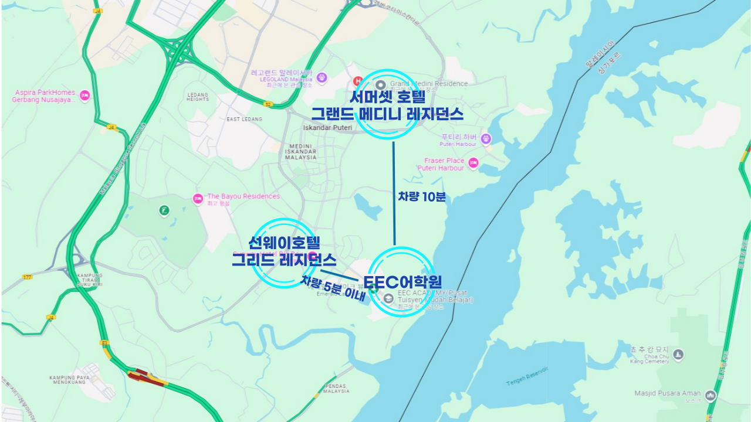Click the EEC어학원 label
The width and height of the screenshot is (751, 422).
(402, 282)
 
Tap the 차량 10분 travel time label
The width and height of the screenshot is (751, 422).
(422, 197)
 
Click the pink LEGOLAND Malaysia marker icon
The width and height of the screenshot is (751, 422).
(322, 77)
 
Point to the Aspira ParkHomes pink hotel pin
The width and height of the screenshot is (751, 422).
(85, 96)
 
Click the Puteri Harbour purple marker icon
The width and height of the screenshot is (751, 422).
(486, 139)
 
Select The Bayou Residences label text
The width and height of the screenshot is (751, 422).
(243, 196)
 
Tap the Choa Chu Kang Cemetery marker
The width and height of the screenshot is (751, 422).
(678, 354)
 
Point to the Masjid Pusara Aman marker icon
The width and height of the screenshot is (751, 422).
(711, 395)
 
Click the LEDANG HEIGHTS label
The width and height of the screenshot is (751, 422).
(198, 97)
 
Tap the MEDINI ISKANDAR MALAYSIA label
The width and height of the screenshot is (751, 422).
(301, 152)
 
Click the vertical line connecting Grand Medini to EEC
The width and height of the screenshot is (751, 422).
(394, 193)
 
